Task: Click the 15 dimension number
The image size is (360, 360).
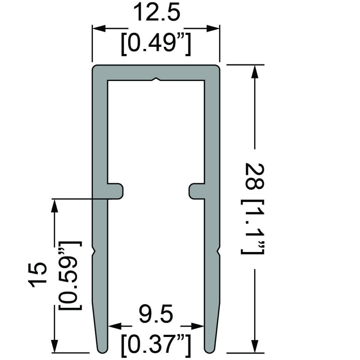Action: (x=38, y=275)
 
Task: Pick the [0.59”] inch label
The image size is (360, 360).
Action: (x=71, y=275)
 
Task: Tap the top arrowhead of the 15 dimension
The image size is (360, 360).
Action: (x=54, y=206)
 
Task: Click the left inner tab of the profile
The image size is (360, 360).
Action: (x=116, y=190)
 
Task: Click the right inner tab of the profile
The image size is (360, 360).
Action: (x=197, y=190)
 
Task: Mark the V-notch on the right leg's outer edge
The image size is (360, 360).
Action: (x=218, y=251)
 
